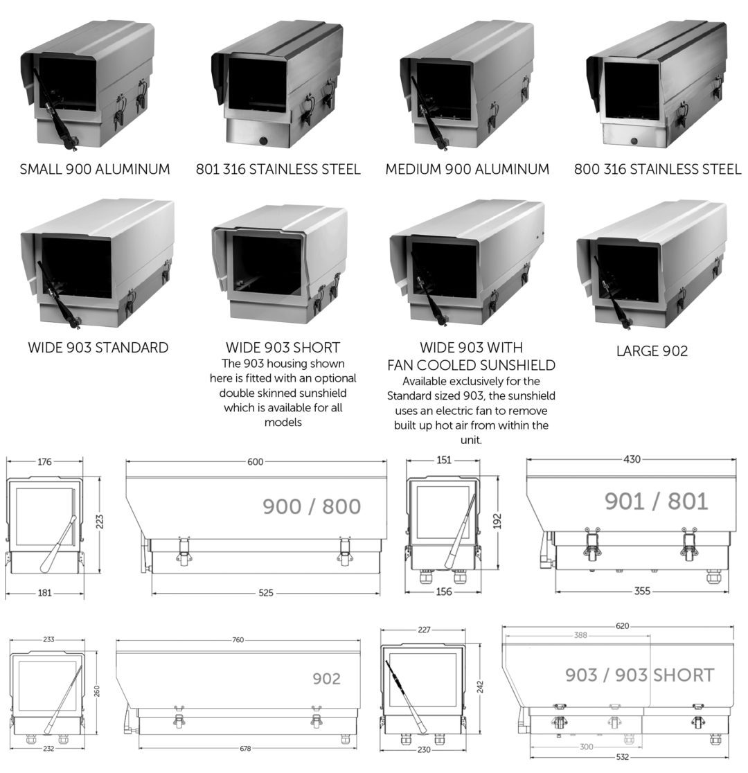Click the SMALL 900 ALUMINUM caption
pyautogui.click(x=95, y=170)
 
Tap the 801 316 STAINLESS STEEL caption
pyautogui.click(x=278, y=170)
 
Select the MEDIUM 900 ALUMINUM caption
pyautogui.click(x=467, y=170)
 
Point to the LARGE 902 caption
pyautogui.click(x=652, y=351)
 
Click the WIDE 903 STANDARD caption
pyautogui.click(x=98, y=348)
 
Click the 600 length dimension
pyautogui.click(x=256, y=462)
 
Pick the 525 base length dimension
pyautogui.click(x=266, y=593)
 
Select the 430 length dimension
pyautogui.click(x=631, y=459)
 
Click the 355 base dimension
pyautogui.click(x=641, y=591)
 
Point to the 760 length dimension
pyautogui.click(x=238, y=640)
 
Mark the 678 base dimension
pyautogui.click(x=246, y=749)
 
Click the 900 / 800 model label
pyautogui.click(x=312, y=506)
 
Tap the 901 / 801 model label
pyautogui.click(x=656, y=501)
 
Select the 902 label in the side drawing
pyautogui.click(x=326, y=679)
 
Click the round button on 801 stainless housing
pyautogui.click(x=263, y=141)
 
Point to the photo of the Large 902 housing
pyautogui.click(x=651, y=263)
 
